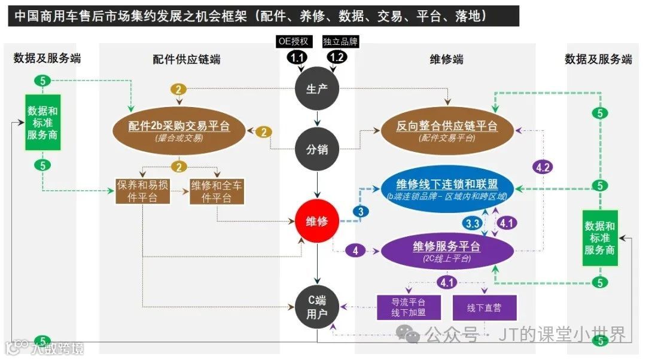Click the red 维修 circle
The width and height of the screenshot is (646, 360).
coord(318,221)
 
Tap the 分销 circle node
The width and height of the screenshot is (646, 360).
coord(318,150)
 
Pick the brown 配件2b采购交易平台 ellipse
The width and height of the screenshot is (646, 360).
coord(179,129)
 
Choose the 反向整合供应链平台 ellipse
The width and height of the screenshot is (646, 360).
coord(447,129)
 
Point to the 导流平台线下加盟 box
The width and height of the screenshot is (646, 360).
coord(409,308)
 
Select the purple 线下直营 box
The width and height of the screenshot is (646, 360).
coord(484,308)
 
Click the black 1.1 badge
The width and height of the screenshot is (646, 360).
coord(297,57)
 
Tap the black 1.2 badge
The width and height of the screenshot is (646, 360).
coord(337,57)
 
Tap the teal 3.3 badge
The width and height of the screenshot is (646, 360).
coord(473,224)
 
